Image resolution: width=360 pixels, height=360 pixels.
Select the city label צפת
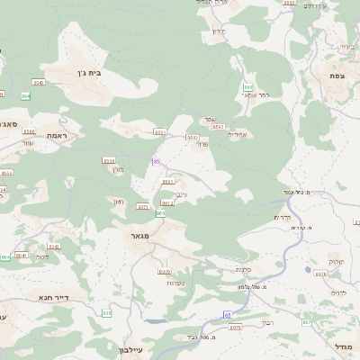(337, 76)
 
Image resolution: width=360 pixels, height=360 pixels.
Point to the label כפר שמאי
(256, 94)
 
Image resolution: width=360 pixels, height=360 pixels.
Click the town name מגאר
(140, 236)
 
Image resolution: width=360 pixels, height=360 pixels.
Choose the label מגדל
(344, 346)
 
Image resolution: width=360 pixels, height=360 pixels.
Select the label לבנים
(338, 292)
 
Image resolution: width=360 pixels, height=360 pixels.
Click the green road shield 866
(247, 86)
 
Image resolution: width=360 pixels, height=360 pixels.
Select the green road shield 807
(307, 321)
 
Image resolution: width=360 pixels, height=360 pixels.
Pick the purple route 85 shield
(156, 162)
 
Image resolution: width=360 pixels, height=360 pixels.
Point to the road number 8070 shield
(165, 271)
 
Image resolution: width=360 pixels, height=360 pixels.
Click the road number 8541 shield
(22, 256)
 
